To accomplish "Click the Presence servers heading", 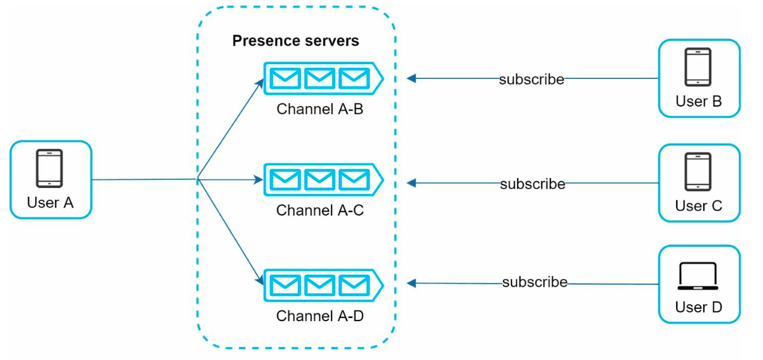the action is point(295,41).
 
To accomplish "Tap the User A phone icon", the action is point(49,168).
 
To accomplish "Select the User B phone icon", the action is point(698,67).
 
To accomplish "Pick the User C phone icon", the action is point(698,171).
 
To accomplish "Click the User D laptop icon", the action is point(698,276).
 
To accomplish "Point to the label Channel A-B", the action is point(320,109).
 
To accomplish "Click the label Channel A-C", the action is point(320,210).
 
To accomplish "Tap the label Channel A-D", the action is point(320,316).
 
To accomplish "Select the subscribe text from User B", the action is point(531,80).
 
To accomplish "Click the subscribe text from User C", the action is point(532,184).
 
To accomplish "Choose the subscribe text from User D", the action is point(535,282).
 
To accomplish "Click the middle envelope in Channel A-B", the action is point(319,78).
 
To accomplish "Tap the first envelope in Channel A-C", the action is point(285,180).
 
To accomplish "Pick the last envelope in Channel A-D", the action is point(354,285).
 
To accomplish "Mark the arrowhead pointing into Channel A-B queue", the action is point(260,83).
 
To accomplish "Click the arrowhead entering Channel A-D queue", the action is point(259,280).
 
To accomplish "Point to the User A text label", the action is point(50,203).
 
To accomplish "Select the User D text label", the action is point(699,307).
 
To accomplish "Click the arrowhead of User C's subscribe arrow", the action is point(412,183).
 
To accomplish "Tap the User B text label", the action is point(699,101).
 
